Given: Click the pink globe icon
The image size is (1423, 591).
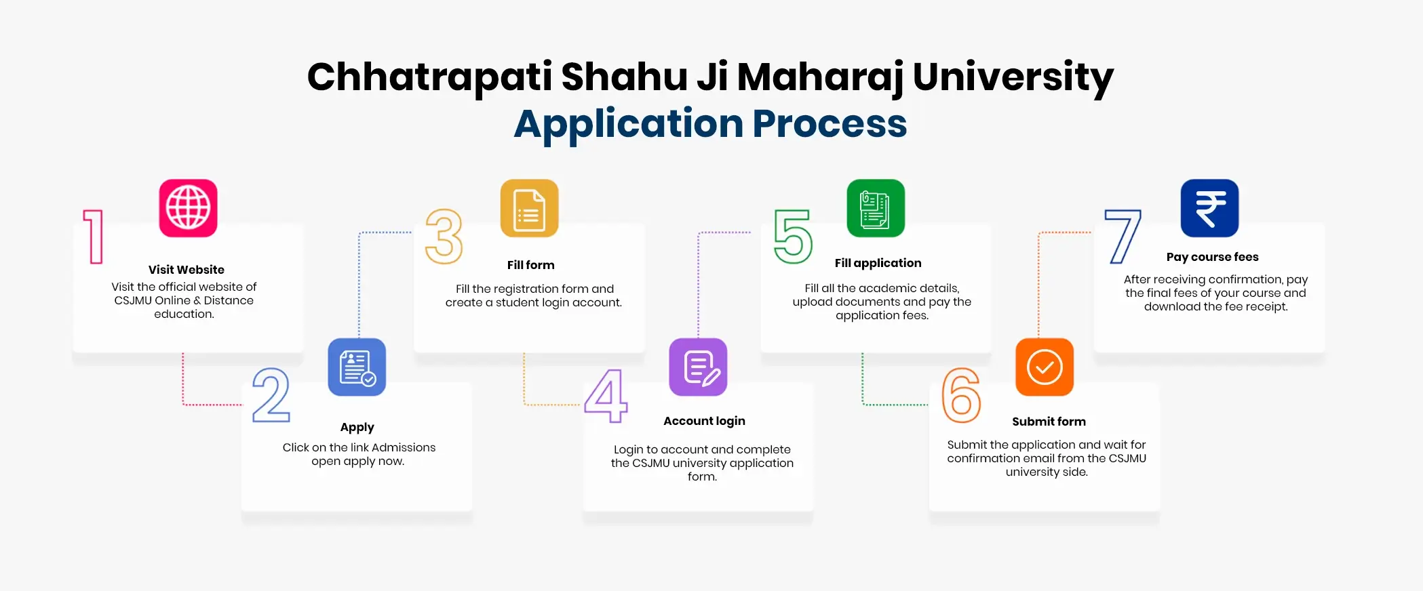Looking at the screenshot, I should tap(188, 208).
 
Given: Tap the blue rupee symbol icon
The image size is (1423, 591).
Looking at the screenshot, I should tap(1209, 208).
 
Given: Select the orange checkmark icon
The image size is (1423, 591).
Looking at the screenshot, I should tap(1044, 367).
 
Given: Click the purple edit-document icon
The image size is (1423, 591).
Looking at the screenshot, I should tap(698, 367).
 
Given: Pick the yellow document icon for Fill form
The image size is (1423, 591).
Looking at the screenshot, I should tap(529, 208).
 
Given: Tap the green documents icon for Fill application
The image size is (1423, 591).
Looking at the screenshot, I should tap(876, 208).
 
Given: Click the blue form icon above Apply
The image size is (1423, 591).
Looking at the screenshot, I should tap(357, 367).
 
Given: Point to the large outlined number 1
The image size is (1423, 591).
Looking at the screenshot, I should tap(94, 237).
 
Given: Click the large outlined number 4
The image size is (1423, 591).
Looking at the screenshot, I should tap(606, 396).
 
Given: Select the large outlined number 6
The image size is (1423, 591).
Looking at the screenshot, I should tap(961, 395).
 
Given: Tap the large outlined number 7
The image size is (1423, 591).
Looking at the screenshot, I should tap(1123, 237).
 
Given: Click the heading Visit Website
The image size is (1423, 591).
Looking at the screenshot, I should tap(187, 270).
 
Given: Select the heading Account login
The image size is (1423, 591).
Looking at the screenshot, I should tap(704, 421).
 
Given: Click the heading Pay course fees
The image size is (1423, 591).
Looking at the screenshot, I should tap(1212, 257).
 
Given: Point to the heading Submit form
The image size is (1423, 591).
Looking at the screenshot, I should tap(1049, 422).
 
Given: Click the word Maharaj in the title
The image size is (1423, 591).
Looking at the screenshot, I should tap(820, 77).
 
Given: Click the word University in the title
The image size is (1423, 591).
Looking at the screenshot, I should tap(1013, 77).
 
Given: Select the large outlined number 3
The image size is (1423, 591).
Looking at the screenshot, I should tap(444, 237).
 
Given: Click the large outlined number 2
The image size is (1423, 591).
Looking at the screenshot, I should tap(271, 395).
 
